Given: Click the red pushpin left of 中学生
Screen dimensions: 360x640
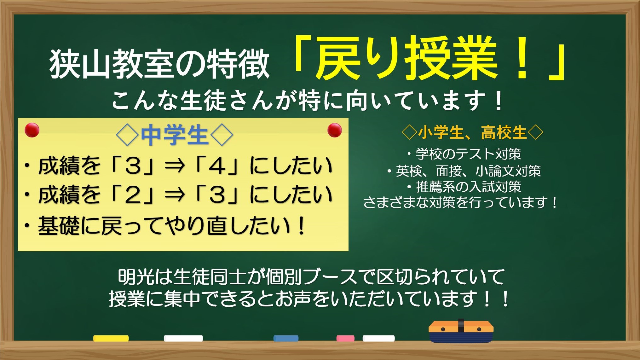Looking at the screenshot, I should point(32,130).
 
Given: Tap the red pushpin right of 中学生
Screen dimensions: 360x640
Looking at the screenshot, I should point(334,130).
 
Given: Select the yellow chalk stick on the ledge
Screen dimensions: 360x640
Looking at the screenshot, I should point(111,338).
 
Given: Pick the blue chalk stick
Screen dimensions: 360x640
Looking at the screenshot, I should point(286,338).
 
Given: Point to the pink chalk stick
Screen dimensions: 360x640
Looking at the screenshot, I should point(345,338).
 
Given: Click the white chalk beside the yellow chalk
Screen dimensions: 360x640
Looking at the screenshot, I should point(183,338).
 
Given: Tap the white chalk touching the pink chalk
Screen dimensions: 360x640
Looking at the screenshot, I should point(378,338).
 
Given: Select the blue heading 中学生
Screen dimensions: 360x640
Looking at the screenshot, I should point(174,135).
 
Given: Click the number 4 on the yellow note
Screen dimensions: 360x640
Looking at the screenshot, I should point(217,166).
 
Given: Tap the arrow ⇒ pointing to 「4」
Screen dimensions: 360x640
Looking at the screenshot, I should point(175,166).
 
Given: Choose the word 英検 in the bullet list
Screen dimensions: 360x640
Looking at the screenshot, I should point(409,171).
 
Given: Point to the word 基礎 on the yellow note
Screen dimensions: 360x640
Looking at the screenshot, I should point(59,226).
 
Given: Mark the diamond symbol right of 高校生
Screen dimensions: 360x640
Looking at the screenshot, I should point(536,132).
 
